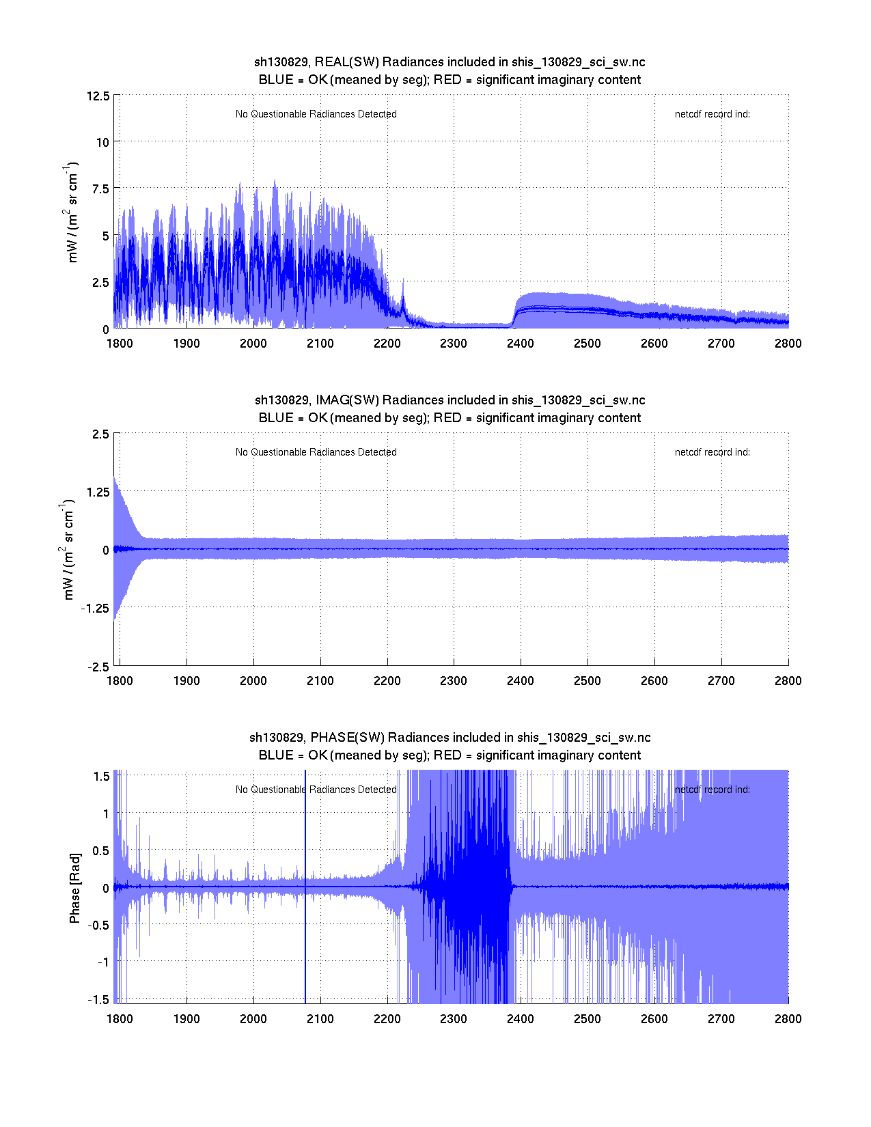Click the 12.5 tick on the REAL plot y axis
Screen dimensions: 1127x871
point(98,96)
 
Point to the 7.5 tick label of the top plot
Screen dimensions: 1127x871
point(100,189)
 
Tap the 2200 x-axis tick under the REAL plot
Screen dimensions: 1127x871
point(387,344)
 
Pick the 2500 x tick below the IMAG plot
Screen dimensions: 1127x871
point(587,681)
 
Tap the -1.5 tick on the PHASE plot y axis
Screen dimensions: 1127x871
point(98,999)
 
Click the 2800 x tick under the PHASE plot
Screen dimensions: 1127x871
point(788,1019)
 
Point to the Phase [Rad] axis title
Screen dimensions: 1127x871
point(75,888)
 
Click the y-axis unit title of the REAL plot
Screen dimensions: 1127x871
point(72,212)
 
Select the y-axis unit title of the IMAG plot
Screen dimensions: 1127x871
point(68,550)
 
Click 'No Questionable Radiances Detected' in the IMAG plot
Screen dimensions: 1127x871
point(316,452)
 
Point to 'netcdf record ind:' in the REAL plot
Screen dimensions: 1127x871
point(712,114)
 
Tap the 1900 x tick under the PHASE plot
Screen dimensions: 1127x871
point(186,1019)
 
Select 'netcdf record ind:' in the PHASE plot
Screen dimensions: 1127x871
point(712,790)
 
